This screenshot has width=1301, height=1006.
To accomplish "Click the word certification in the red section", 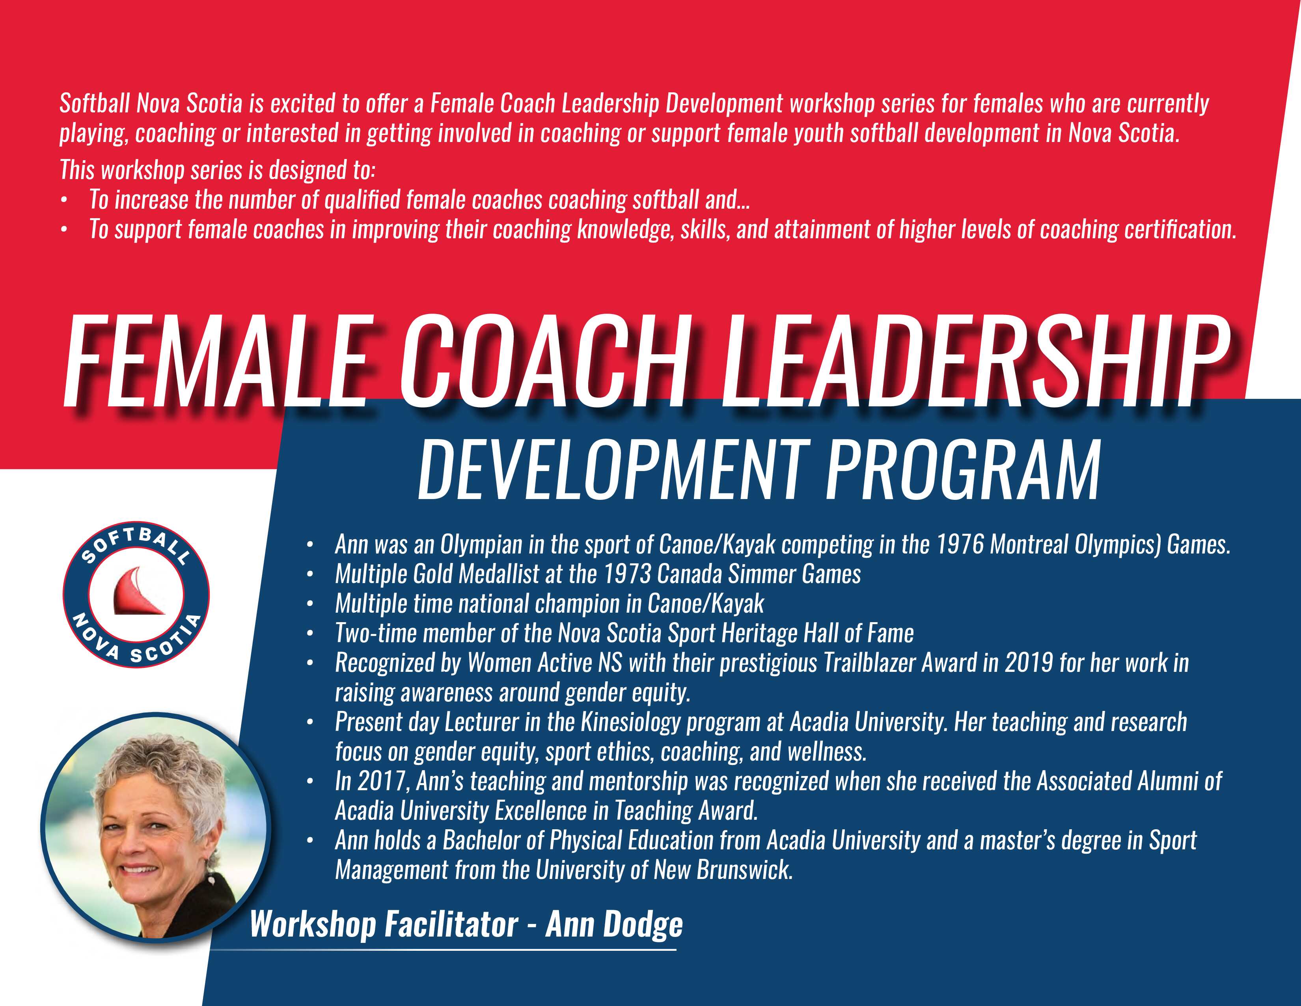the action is point(1180,230).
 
